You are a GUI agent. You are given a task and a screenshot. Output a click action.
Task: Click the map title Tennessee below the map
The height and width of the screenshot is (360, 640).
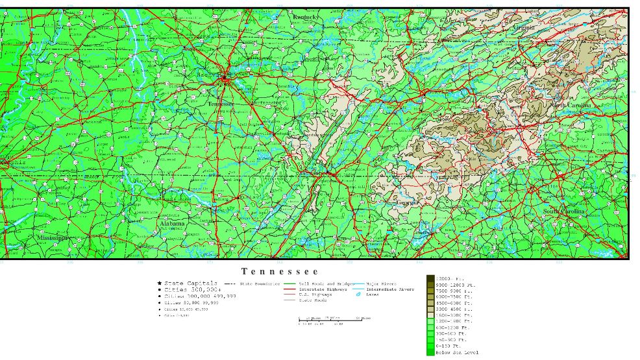point(280,271)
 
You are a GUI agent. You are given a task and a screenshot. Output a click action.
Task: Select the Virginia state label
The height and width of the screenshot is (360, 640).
point(524,28)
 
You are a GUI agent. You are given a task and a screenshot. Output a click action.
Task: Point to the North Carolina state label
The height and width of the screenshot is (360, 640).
point(572,105)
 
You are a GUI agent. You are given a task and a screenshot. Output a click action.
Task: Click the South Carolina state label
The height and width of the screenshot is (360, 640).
point(564,212)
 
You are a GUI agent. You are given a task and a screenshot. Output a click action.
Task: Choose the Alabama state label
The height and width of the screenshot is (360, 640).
point(172,224)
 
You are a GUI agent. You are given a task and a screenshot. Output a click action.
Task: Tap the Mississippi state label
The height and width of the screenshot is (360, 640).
point(52,238)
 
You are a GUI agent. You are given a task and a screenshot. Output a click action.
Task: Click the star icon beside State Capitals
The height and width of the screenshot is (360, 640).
point(159,283)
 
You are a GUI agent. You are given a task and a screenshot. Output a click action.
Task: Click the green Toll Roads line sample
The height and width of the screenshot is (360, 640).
point(290,283)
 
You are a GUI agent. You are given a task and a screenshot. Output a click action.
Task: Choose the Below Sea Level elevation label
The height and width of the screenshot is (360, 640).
point(457,352)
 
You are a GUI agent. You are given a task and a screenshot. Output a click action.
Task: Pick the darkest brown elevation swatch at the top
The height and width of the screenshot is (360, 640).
point(430,278)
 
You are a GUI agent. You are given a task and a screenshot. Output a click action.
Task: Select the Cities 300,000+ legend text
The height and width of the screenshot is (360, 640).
point(193,289)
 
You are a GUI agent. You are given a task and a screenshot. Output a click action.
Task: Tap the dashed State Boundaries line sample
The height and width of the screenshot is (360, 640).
point(230,283)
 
